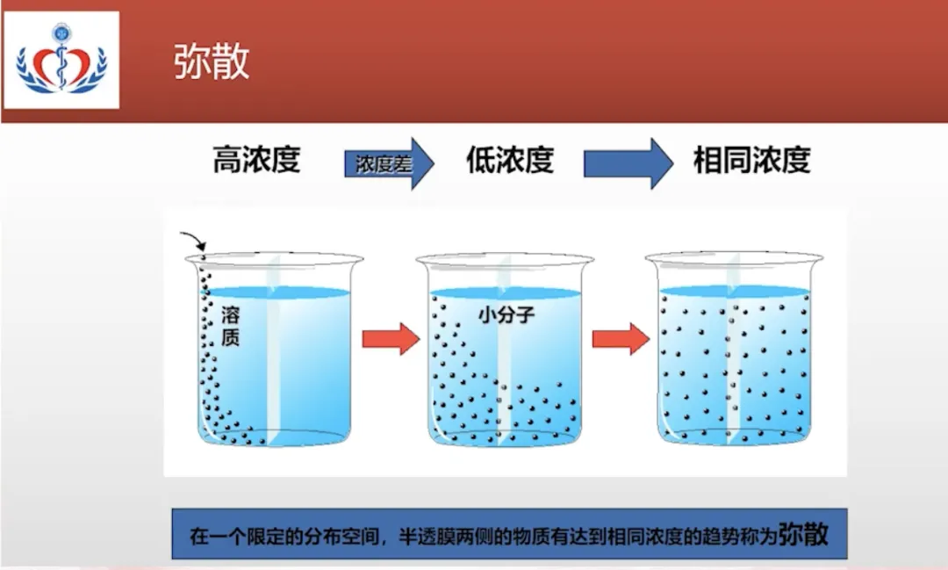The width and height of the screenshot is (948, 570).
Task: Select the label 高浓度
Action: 256,161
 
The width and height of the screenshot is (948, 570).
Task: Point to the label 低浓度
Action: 509,161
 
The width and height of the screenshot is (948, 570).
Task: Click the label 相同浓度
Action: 751,161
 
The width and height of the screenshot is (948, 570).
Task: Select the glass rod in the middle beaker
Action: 504,369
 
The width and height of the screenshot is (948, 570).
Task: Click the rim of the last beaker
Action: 734,258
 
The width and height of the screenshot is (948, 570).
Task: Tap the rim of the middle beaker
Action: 505,259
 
